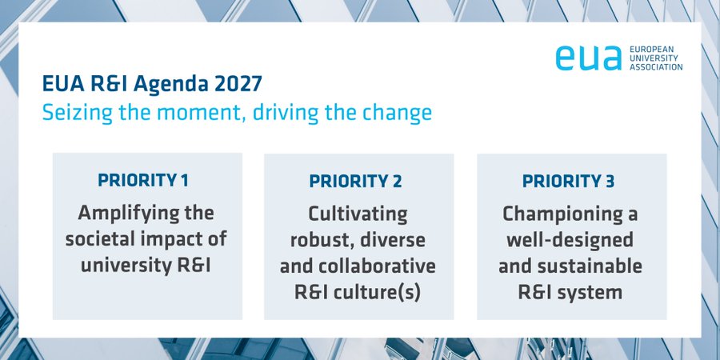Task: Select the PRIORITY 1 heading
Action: [143, 180]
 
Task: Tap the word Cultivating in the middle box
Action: [358, 214]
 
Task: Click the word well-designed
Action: [570, 239]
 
